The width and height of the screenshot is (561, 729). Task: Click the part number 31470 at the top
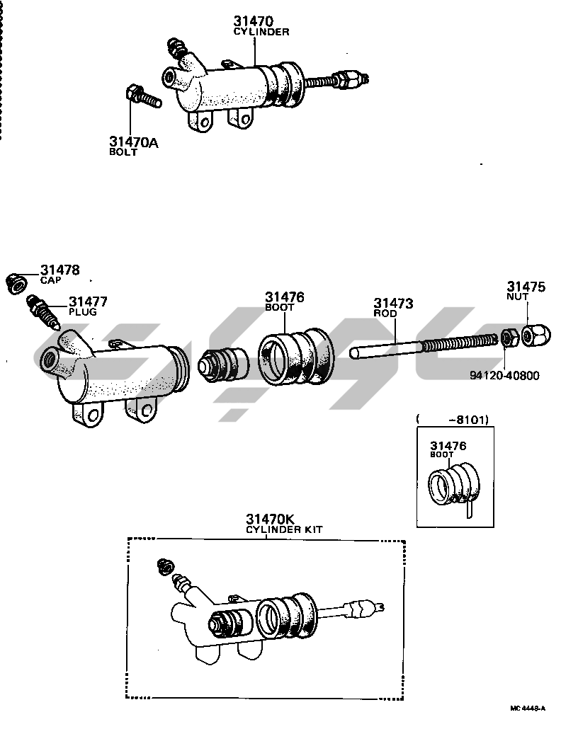tap(254, 21)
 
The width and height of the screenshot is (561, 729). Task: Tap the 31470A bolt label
tap(133, 142)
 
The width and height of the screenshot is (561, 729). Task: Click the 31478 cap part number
tap(60, 270)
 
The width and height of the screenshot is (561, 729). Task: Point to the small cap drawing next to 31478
tap(16, 283)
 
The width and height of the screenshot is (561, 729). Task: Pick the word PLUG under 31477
tap(83, 312)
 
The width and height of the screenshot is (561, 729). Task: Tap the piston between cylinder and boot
tap(223, 365)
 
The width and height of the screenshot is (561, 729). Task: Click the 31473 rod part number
tap(394, 303)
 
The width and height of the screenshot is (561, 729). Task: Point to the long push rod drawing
tap(426, 348)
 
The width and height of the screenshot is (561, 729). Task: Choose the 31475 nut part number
tap(526, 287)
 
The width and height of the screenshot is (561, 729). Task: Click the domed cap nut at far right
tap(536, 335)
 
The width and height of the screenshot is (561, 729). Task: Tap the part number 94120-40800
tap(504, 375)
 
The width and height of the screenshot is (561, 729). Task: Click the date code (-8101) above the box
tap(452, 420)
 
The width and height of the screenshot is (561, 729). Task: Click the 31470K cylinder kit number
tap(270, 519)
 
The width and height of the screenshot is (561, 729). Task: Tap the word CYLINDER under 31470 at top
tap(261, 32)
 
